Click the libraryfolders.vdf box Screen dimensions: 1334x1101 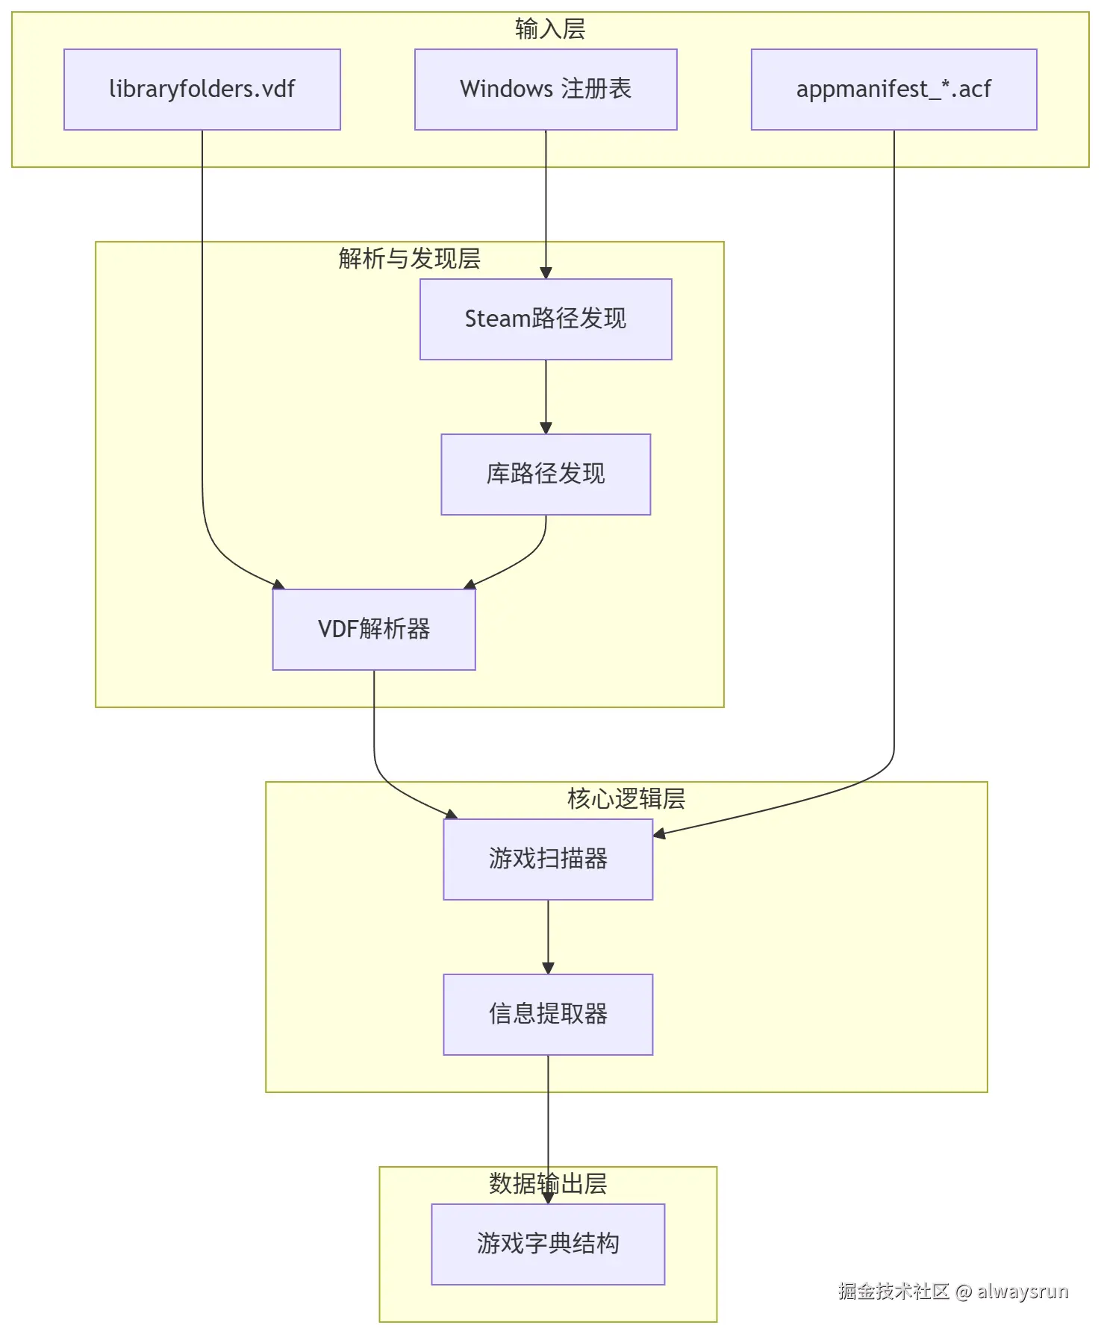[202, 90]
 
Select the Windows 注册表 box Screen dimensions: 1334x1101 [546, 90]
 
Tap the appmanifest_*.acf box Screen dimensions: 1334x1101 [893, 90]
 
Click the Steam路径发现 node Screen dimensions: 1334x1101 [546, 319]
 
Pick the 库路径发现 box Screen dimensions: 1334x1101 [546, 475]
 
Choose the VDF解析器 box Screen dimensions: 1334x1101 [374, 629]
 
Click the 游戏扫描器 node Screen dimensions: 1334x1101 [548, 859]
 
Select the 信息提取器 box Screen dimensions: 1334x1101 [548, 1014]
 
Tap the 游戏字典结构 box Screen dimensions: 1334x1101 [548, 1244]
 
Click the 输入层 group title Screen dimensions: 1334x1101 [550, 29]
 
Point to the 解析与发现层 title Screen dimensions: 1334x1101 [409, 259]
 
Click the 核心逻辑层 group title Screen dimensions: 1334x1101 [626, 799]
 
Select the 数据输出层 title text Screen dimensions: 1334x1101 [548, 1184]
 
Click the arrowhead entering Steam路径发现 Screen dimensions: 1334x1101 [546, 273]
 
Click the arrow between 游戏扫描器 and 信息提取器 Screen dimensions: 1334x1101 [548, 937]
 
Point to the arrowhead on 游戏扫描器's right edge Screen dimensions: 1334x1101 [659, 833]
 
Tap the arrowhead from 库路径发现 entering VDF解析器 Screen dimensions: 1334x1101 [470, 584]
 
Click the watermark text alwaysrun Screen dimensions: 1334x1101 [1023, 1291]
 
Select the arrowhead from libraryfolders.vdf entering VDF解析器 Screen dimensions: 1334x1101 [278, 584]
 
